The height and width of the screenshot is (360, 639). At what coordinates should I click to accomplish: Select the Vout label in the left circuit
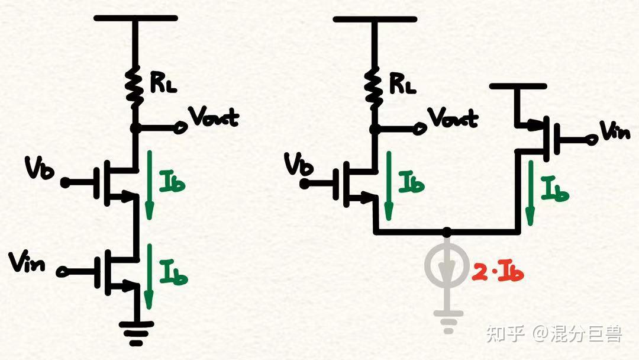tap(214, 117)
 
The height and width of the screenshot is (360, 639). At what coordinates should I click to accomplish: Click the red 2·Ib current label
tap(498, 273)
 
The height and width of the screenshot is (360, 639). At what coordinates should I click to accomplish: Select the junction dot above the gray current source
tap(448, 231)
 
